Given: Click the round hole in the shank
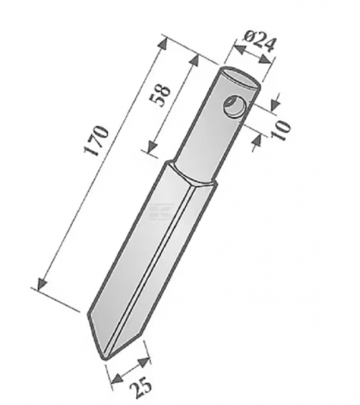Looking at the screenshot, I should tap(232, 106).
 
